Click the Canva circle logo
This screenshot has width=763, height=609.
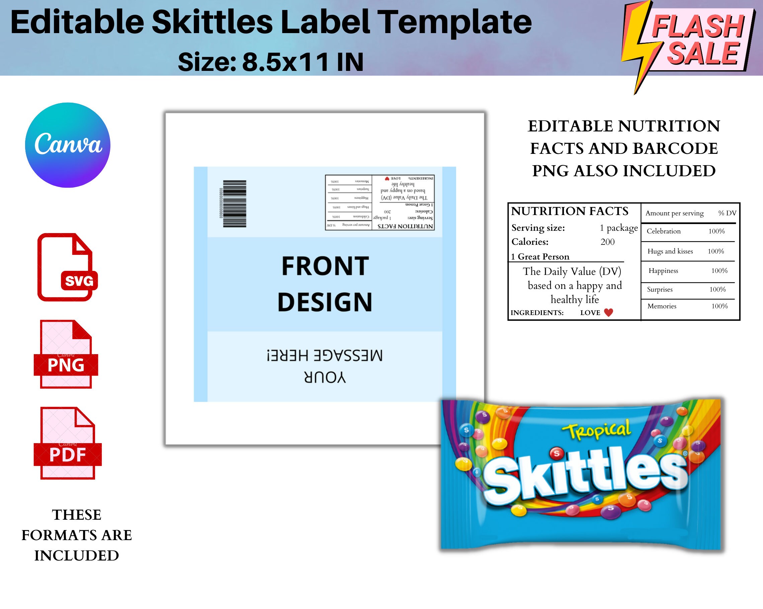tap(68, 145)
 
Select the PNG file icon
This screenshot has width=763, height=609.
tap(66, 354)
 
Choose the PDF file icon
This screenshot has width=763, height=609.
tap(67, 443)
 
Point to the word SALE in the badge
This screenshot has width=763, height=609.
tap(703, 54)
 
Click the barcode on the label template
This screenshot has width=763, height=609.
tap(234, 204)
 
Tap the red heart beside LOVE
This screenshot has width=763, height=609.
tap(608, 312)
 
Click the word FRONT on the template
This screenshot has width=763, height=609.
tap(325, 266)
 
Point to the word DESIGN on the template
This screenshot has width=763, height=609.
tap(325, 302)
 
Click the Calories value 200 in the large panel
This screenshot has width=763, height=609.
tap(607, 242)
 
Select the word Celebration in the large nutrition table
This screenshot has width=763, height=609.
tap(664, 231)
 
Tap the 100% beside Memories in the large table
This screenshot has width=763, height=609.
tap(719, 306)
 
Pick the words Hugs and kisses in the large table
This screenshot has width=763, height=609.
tap(670, 251)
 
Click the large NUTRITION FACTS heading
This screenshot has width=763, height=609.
tap(570, 211)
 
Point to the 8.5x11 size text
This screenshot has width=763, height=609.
tap(285, 62)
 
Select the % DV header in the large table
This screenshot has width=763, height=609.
tap(727, 213)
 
